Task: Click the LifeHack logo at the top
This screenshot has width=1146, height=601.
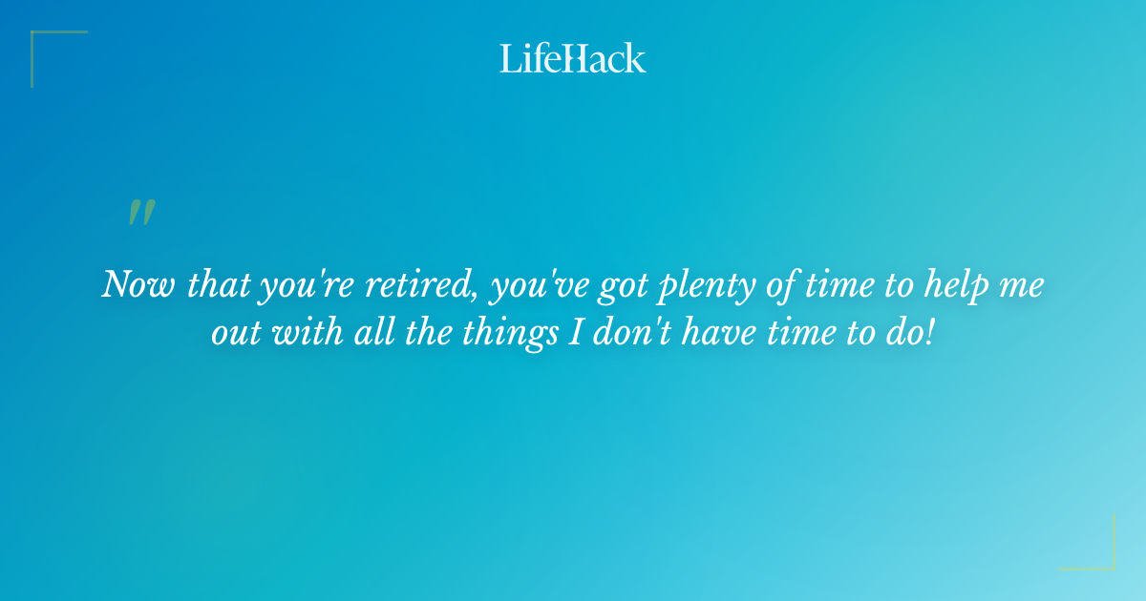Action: point(573,58)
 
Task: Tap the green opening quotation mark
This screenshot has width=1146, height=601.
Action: point(141,213)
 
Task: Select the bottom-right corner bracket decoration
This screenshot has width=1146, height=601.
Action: point(1098,553)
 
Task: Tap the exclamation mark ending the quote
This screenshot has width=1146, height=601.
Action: point(929,334)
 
